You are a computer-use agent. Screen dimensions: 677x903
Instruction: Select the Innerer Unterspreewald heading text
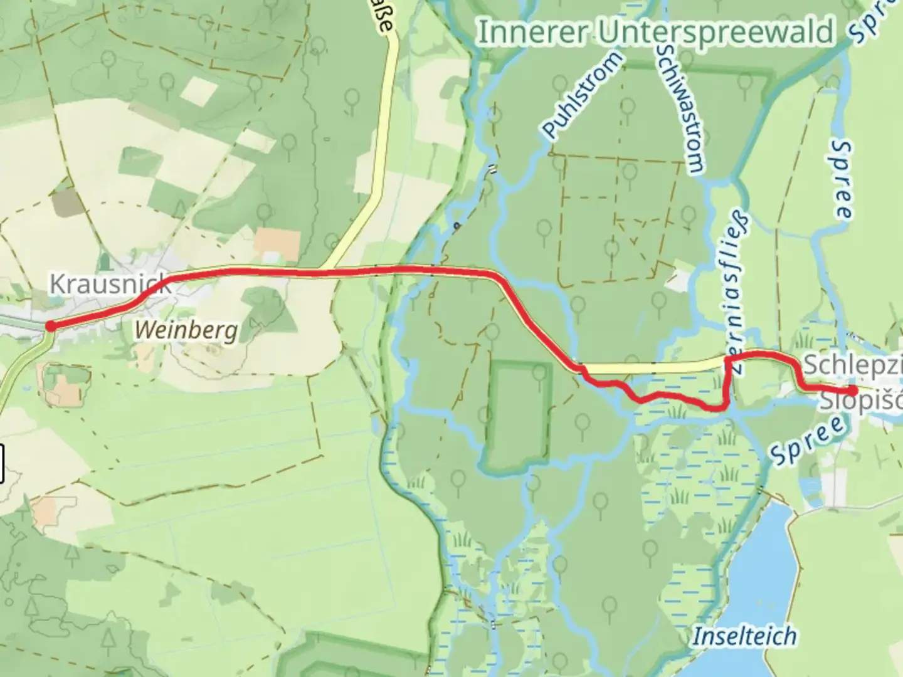pos(655,32)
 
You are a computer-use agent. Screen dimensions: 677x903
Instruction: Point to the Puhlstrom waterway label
pos(583,96)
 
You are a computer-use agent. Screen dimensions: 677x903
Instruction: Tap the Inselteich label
pos(744,636)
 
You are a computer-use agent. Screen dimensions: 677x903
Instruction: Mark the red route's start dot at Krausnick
pos(50,325)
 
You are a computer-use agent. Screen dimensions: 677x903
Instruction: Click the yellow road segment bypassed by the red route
pos(652,368)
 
